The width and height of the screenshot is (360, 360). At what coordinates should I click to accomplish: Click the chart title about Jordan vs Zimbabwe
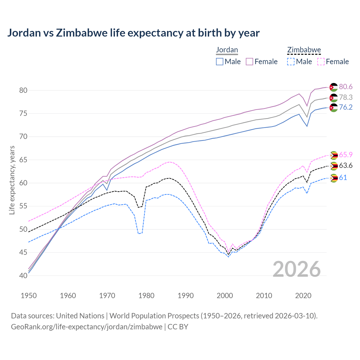[133, 33]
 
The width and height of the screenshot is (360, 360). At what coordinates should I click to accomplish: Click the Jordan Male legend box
[220, 62]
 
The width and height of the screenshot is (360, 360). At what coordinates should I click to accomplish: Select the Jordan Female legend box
[249, 62]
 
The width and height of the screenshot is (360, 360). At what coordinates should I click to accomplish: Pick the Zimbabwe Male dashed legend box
[291, 62]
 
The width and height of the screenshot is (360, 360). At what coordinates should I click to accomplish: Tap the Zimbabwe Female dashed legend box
[321, 62]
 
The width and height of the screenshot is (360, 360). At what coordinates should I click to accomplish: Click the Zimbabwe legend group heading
[304, 50]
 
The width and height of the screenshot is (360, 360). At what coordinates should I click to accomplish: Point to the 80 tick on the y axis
[23, 90]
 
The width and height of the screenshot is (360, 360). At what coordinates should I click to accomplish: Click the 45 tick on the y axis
[23, 253]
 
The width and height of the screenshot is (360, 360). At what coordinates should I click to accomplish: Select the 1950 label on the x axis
[29, 296]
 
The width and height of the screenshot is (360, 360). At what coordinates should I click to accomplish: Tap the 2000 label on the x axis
[225, 296]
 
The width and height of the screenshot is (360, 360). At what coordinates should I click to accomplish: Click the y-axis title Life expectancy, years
[12, 180]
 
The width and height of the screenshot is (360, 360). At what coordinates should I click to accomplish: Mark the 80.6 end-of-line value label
[346, 87]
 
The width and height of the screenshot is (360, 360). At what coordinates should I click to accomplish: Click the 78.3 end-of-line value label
[346, 97]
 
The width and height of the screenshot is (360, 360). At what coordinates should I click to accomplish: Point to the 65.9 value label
[346, 155]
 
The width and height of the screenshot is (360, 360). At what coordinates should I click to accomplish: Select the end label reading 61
[343, 177]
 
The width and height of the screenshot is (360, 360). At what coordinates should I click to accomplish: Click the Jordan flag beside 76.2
[334, 108]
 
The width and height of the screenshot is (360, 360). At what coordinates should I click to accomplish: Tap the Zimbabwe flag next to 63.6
[334, 166]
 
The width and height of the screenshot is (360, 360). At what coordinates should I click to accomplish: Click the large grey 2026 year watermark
[297, 269]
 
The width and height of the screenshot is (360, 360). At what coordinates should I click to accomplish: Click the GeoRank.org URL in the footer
[87, 327]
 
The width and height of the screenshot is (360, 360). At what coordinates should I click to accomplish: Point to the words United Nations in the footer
[80, 316]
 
